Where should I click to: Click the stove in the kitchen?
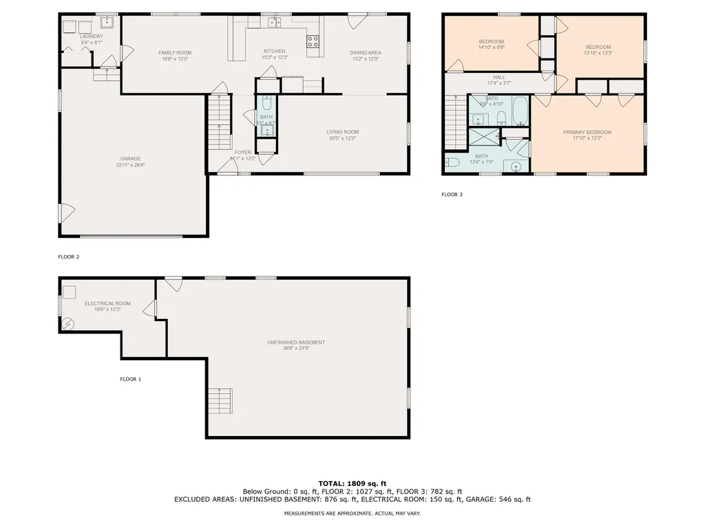click(x=313, y=41)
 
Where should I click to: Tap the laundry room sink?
click(x=107, y=21)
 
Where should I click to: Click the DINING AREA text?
click(x=365, y=53)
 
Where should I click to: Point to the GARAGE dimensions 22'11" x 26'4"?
click(x=131, y=165)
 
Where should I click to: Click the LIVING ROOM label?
click(x=342, y=132)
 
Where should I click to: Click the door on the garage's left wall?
click(x=65, y=212)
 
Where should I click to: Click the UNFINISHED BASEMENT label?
click(x=296, y=342)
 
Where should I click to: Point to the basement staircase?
click(x=220, y=401)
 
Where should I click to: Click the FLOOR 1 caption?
click(x=130, y=379)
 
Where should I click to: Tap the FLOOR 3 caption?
click(x=452, y=195)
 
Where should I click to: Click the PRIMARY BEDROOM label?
click(x=587, y=132)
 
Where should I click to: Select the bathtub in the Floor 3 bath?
click(x=520, y=110)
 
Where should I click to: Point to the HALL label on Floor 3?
click(x=499, y=77)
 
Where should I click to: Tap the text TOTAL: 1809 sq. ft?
click(x=352, y=483)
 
